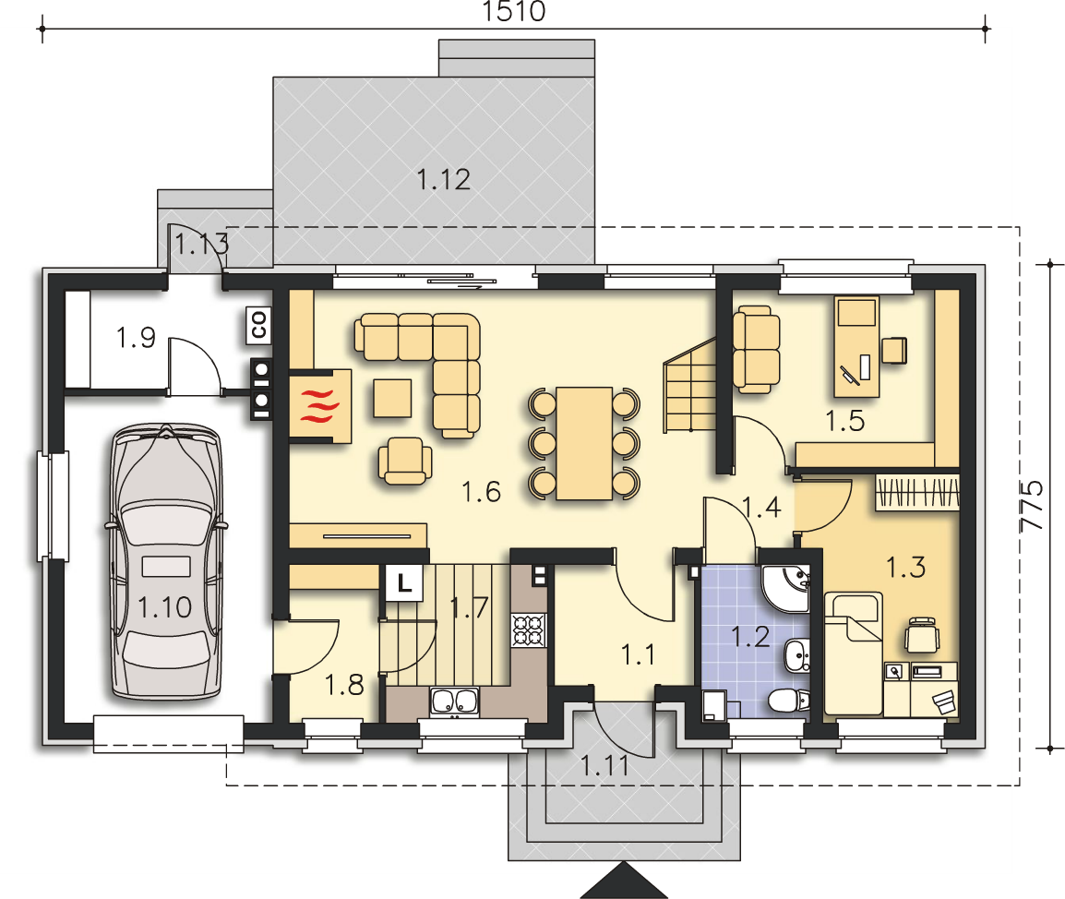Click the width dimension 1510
click(513, 12)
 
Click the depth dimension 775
click(1033, 506)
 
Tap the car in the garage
click(166, 561)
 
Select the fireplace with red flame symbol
click(320, 406)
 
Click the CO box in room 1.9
click(258, 325)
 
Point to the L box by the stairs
click(405, 582)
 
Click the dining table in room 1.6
click(584, 443)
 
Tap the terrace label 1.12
click(443, 180)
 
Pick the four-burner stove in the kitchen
click(529, 629)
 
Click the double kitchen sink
click(454, 701)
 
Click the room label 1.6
click(481, 492)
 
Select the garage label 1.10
click(164, 606)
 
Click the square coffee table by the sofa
click(392, 398)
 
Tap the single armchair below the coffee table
click(405, 460)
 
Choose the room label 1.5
click(845, 421)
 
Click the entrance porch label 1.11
click(604, 766)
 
